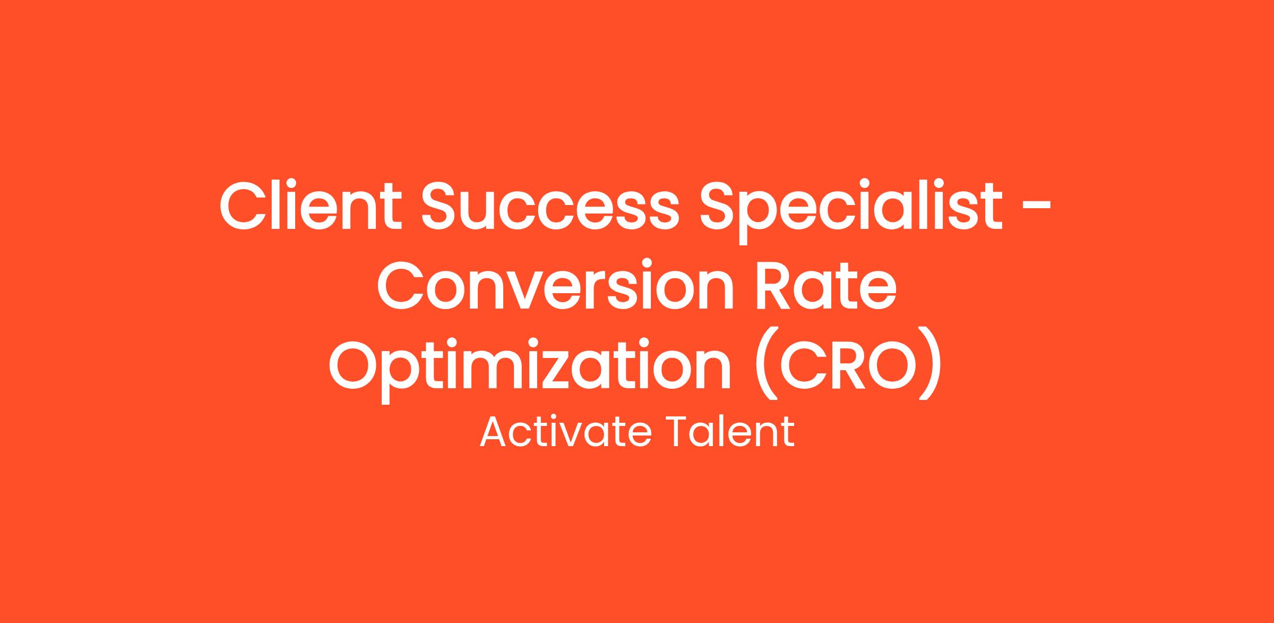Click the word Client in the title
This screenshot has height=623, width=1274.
click(x=310, y=206)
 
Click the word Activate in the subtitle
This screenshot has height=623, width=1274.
click(x=565, y=432)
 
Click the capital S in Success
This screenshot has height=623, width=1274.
click(x=442, y=207)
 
